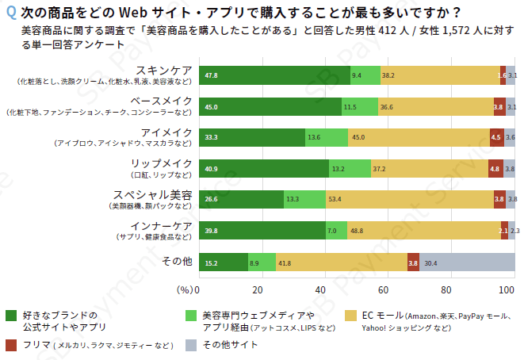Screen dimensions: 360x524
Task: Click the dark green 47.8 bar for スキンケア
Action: point(274,75)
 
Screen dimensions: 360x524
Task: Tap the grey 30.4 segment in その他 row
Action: point(467,262)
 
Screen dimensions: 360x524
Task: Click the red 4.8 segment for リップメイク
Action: point(495,168)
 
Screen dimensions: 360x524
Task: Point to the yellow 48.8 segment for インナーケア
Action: point(423,230)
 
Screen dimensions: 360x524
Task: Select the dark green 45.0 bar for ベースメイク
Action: point(270,106)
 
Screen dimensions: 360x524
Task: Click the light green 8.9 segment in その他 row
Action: point(262,262)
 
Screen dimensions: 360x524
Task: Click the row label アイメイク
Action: point(166,132)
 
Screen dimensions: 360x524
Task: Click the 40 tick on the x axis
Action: point(322,289)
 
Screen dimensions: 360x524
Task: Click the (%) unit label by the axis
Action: point(184,289)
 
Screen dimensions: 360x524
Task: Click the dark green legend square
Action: point(10,316)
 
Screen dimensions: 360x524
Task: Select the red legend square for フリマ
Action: point(10,345)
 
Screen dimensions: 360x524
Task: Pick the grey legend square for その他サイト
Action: point(190,345)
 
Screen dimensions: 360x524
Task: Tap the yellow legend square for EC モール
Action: point(350,316)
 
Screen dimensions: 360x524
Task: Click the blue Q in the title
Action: point(10,13)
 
